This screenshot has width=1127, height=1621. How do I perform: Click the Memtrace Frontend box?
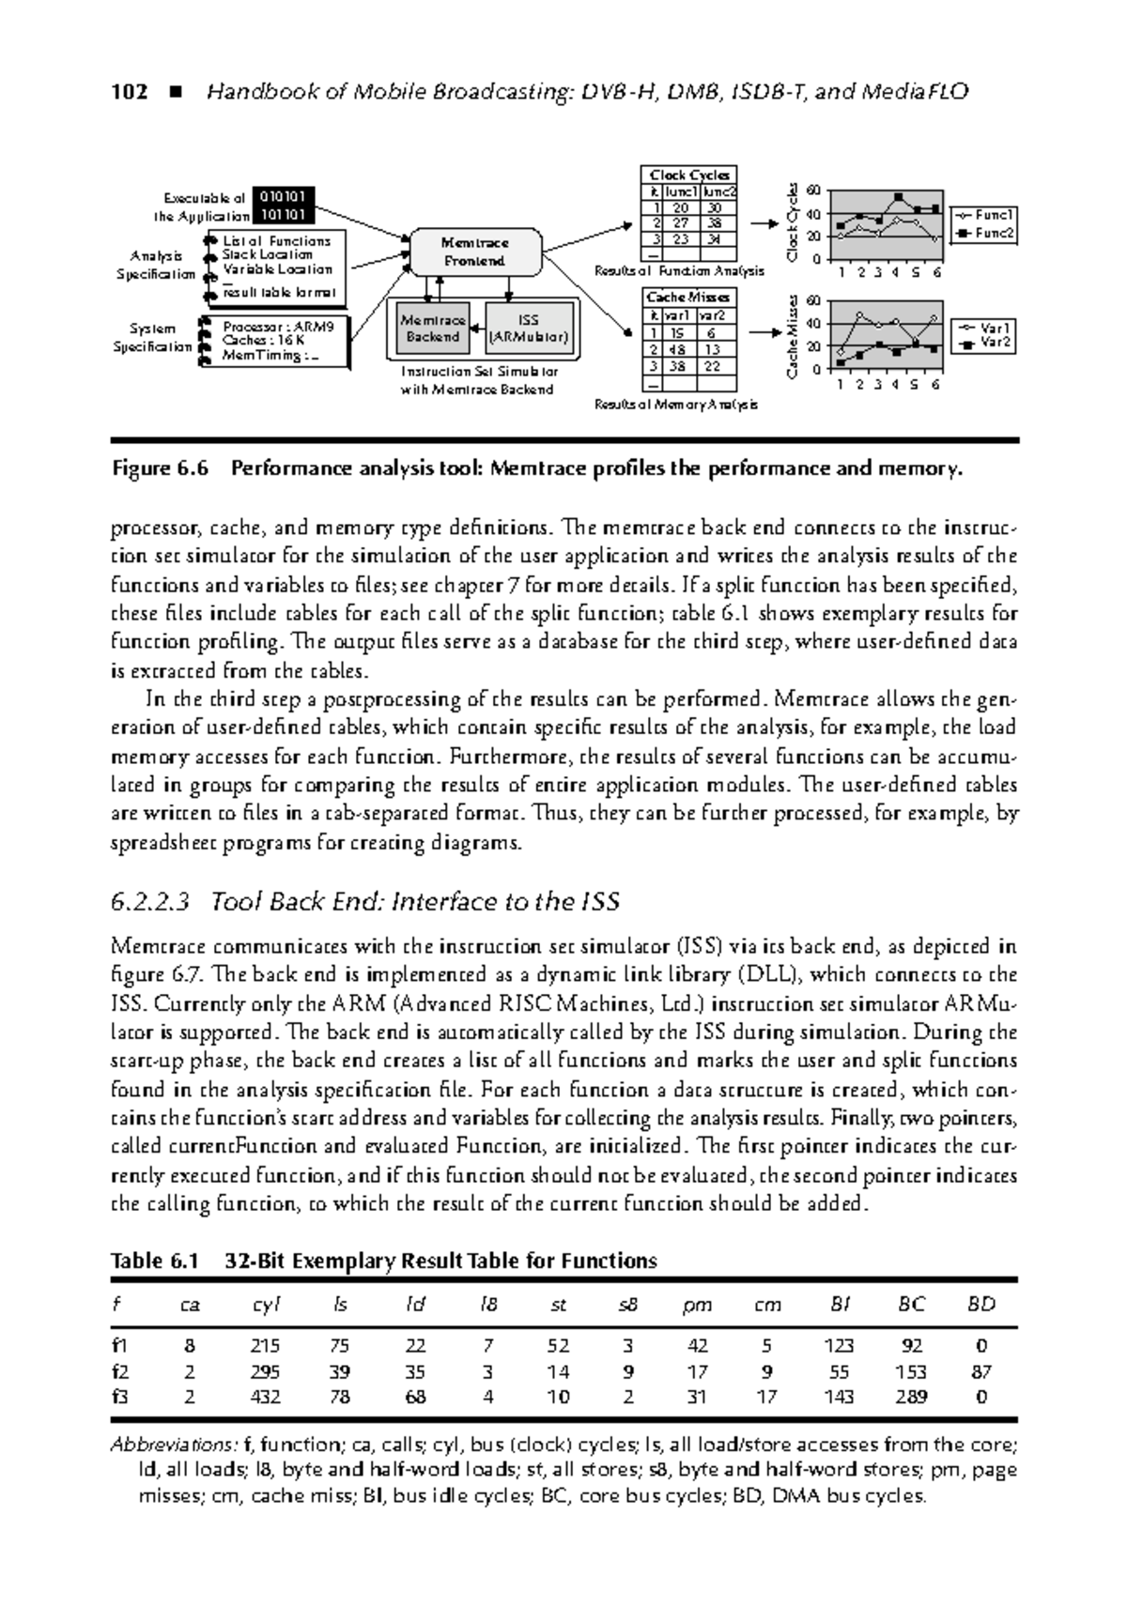(474, 252)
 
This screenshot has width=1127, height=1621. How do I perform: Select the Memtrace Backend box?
(432, 328)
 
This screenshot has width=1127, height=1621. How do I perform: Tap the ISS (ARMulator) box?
(528, 328)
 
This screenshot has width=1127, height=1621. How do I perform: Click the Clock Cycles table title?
(689, 176)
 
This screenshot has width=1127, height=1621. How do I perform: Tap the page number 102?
(129, 92)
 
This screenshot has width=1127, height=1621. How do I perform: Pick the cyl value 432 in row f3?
(266, 1396)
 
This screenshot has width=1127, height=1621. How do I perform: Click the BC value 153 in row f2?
(910, 1370)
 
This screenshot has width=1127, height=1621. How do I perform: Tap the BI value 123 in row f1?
(838, 1345)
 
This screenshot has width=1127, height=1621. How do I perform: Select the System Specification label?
(152, 338)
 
